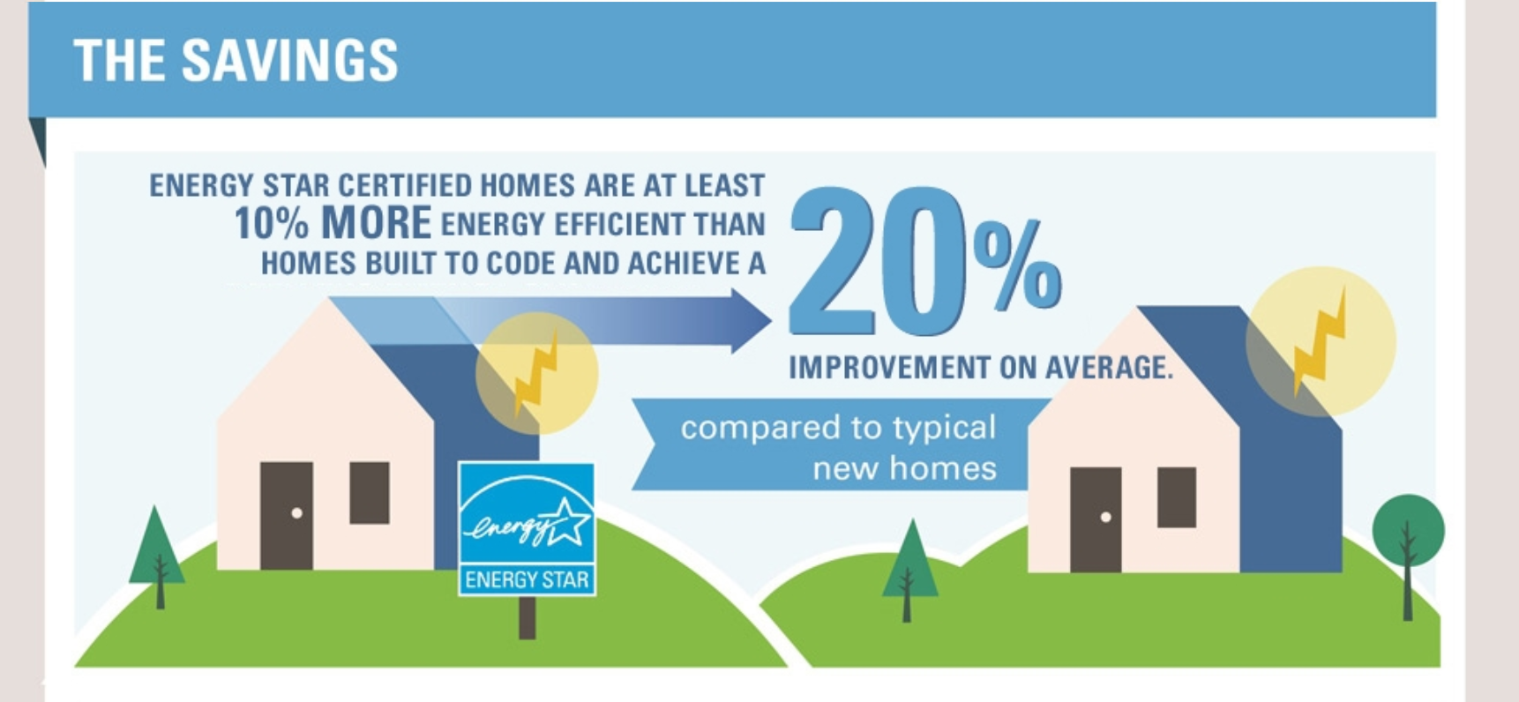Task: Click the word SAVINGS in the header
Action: [x=289, y=61]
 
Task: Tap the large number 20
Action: [x=877, y=261]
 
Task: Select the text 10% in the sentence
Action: [x=271, y=224]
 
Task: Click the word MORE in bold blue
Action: [x=376, y=224]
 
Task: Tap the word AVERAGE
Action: [x=1110, y=368]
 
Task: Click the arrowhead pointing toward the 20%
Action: [x=751, y=321]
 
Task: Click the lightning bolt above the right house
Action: [x=1319, y=342]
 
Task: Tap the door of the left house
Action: [x=287, y=515]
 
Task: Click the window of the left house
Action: [x=370, y=493]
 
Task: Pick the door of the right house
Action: [x=1096, y=519]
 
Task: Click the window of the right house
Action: [x=1176, y=497]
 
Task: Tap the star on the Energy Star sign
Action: [x=565, y=521]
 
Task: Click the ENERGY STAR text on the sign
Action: [x=527, y=580]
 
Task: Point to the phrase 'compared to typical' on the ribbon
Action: [x=838, y=429]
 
